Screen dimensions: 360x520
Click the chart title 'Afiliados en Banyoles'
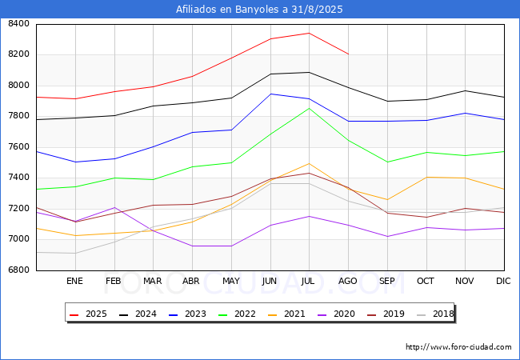[x=259, y=10]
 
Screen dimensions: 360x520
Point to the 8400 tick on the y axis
[x=18, y=24]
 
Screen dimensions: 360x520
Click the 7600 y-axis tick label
[x=18, y=147]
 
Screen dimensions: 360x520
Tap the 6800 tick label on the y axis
[x=18, y=270]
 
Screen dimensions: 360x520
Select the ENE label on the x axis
[x=74, y=281]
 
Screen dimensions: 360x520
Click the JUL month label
[x=309, y=281]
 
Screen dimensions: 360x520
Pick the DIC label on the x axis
[x=503, y=281]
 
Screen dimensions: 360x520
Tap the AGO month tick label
[x=348, y=281]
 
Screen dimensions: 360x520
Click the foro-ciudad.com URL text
[x=458, y=347]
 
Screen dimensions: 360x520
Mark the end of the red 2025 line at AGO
[x=348, y=54]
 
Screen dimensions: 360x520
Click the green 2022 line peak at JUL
[x=309, y=108]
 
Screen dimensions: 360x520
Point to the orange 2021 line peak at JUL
[x=309, y=163]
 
